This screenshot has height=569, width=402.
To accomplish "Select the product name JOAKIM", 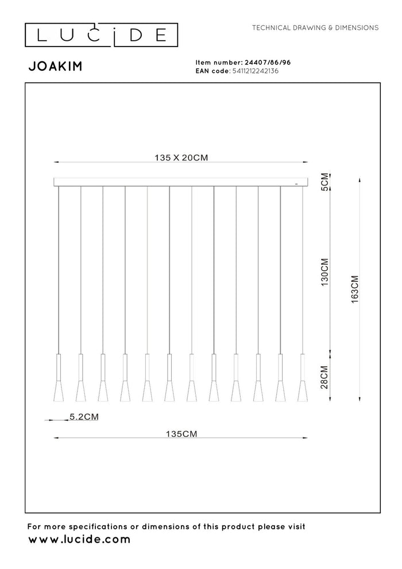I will coord(55,66).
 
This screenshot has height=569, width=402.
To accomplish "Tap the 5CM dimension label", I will coord(325,181).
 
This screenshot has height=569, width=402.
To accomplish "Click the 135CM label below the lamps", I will coord(180,435).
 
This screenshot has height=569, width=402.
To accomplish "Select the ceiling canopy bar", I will coord(180,182).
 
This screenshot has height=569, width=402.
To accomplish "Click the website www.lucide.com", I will coord(79,540).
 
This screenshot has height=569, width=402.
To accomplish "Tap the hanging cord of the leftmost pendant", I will coord(59,270).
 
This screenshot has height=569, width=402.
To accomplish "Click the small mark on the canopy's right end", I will coord(296,184).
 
